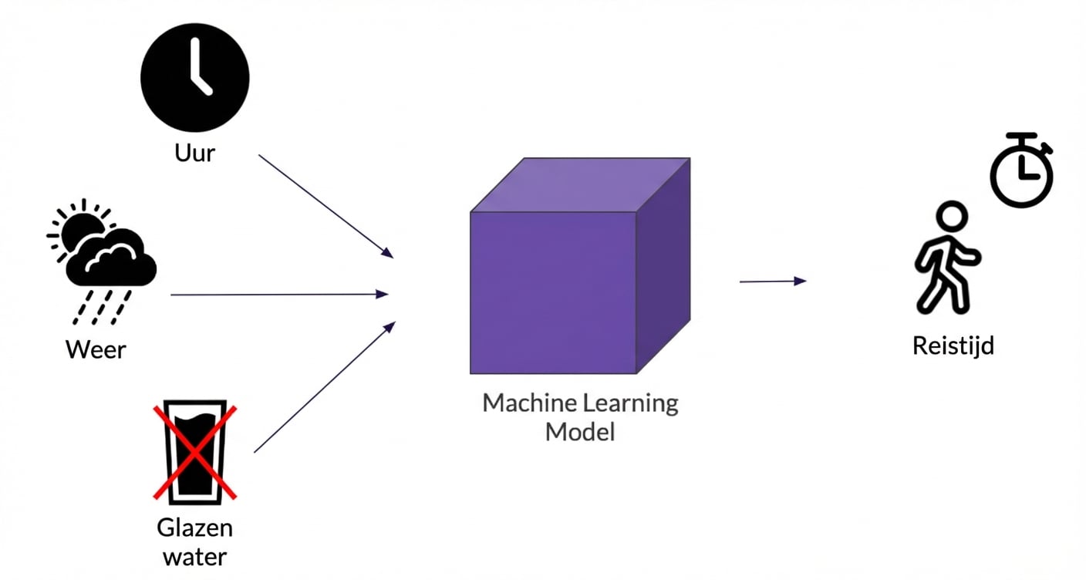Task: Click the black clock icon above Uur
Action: pyautogui.click(x=194, y=76)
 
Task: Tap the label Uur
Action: pyautogui.click(x=194, y=152)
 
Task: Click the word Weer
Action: pyautogui.click(x=96, y=349)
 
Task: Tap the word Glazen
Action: pyautogui.click(x=194, y=528)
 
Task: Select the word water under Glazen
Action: pyautogui.click(x=194, y=556)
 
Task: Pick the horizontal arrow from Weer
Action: pyautogui.click(x=278, y=294)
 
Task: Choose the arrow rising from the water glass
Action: pyautogui.click(x=324, y=387)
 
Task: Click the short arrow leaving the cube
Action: pyautogui.click(x=772, y=282)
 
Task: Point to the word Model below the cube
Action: pyautogui.click(x=580, y=431)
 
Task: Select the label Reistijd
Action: pyautogui.click(x=953, y=346)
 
